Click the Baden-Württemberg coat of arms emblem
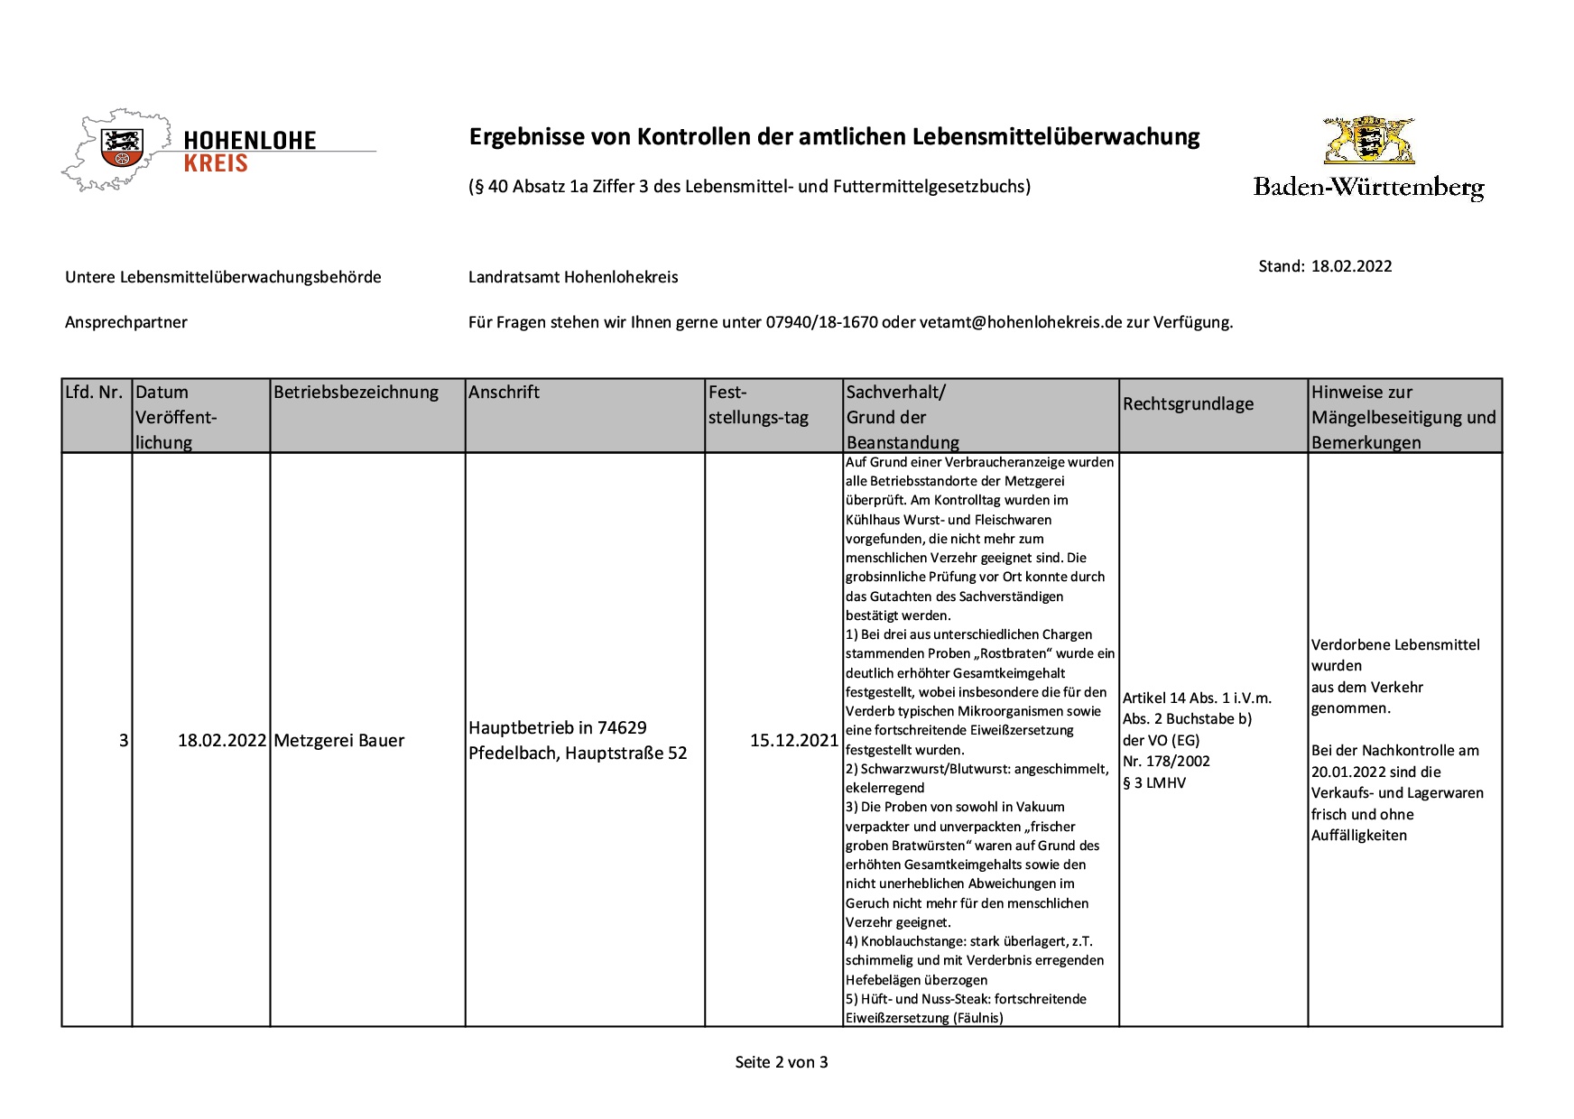click(x=1368, y=141)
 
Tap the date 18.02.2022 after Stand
click(x=1351, y=266)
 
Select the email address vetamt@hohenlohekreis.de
click(x=1020, y=322)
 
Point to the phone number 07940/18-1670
click(x=821, y=322)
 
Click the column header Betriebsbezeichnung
click(x=356, y=393)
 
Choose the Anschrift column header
click(x=504, y=393)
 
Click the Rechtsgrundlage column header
click(x=1188, y=404)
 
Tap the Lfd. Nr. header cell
click(x=94, y=393)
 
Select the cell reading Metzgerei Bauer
click(x=338, y=741)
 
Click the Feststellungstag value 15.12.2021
click(x=793, y=741)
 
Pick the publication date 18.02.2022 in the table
click(x=222, y=741)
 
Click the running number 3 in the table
click(x=124, y=741)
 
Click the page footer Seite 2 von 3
click(x=782, y=1062)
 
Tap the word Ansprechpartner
click(x=126, y=322)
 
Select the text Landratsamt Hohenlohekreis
click(x=573, y=277)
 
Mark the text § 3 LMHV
click(x=1154, y=782)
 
